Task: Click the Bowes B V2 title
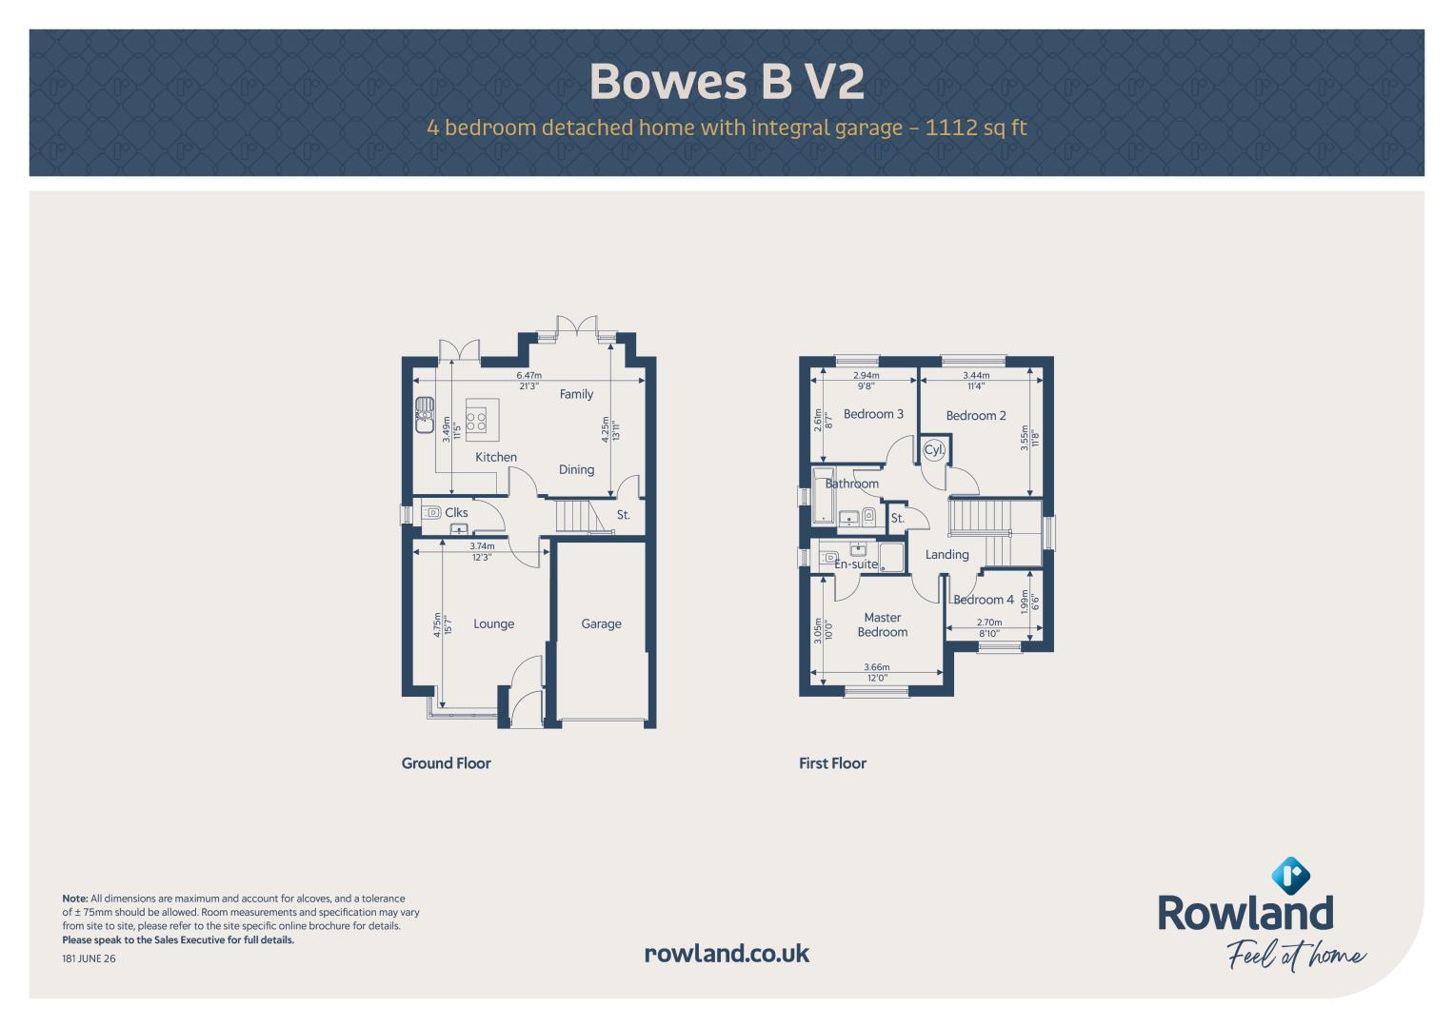coord(727,82)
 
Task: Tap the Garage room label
coord(601,623)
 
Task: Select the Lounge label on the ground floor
coord(493,623)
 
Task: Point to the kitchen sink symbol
coord(425,415)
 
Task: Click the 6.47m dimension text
coord(529,375)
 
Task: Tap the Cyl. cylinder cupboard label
coord(934,449)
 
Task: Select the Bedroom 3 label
coord(873,414)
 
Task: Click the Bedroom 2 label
coord(976,415)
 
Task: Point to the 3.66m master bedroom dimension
coord(876,667)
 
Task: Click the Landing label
coord(947,554)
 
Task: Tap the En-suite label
coord(856,563)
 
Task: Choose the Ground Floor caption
coord(446,763)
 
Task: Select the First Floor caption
coord(832,763)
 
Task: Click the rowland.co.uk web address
coord(727,954)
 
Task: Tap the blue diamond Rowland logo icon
coord(1290,876)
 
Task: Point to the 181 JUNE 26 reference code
coord(89,959)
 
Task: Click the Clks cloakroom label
coord(456,513)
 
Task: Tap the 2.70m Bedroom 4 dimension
coord(989,623)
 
